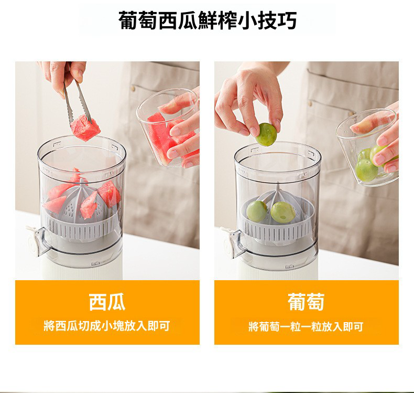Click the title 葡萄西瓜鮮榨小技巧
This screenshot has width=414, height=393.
pyautogui.click(x=208, y=20)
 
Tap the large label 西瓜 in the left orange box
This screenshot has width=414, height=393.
pyautogui.click(x=107, y=302)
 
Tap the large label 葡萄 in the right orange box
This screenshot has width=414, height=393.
pyautogui.click(x=306, y=302)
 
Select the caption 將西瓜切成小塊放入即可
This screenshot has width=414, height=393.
pyautogui.click(x=107, y=326)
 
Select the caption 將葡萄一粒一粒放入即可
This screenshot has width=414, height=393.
pyautogui.click(x=306, y=327)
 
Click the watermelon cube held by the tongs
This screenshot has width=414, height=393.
pyautogui.click(x=85, y=128)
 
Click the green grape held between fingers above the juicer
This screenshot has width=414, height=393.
pyautogui.click(x=266, y=134)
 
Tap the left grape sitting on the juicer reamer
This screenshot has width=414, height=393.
pyautogui.click(x=257, y=211)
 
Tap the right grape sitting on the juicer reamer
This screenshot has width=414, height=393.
pyautogui.click(x=283, y=213)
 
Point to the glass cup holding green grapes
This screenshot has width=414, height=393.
pyautogui.click(x=367, y=148)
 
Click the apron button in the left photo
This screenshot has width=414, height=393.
pyautogui.click(x=133, y=89)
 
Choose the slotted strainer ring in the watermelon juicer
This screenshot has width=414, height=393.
pyautogui.click(x=82, y=226)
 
